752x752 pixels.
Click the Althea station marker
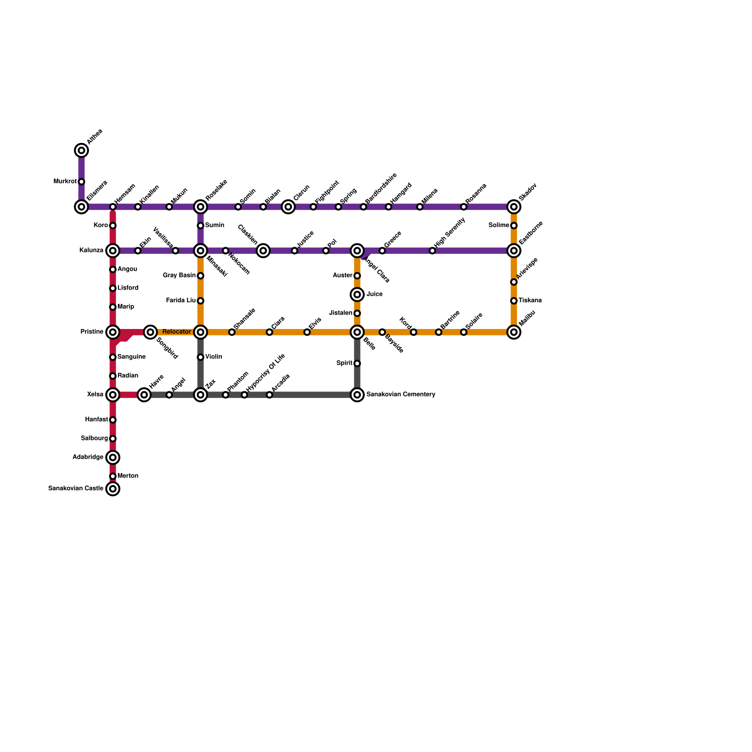pyautogui.click(x=81, y=150)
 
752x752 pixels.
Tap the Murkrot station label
pyautogui.click(x=65, y=181)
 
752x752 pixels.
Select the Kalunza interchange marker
pyautogui.click(x=113, y=251)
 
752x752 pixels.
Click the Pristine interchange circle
pyautogui.click(x=113, y=332)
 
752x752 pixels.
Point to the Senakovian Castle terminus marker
pyautogui.click(x=113, y=489)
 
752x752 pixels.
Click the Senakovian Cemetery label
pyautogui.click(x=400, y=394)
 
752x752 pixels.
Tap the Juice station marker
pyautogui.click(x=357, y=295)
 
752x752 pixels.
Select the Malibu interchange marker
pyautogui.click(x=514, y=332)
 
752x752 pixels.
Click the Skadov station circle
pyautogui.click(x=514, y=207)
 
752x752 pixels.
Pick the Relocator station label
pyautogui.click(x=176, y=332)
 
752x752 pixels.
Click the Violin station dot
pyautogui.click(x=201, y=357)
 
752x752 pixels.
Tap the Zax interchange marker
pyautogui.click(x=201, y=395)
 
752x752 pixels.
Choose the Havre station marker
pyautogui.click(x=144, y=395)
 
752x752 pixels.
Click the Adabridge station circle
pyautogui.click(x=113, y=457)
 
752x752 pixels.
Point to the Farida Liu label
pyautogui.click(x=181, y=301)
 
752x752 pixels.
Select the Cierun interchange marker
pyautogui.click(x=288, y=207)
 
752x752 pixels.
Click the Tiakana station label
pyautogui.click(x=530, y=301)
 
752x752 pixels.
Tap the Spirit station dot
pyautogui.click(x=357, y=363)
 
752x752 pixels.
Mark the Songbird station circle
pyautogui.click(x=150, y=332)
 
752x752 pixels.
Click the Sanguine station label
pyautogui.click(x=131, y=357)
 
